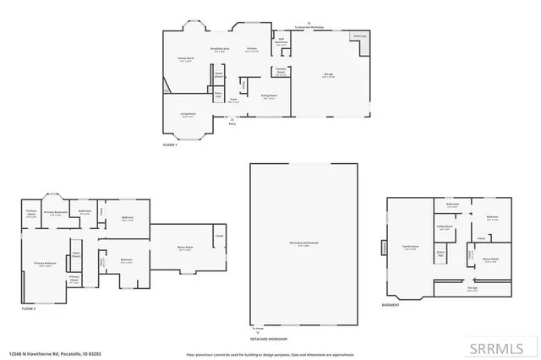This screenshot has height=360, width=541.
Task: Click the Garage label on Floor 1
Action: tap(327, 75)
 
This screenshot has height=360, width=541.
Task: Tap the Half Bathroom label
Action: tap(281, 41)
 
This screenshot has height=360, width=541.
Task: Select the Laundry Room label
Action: tap(280, 73)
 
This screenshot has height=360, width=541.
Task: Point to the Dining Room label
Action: tap(269, 97)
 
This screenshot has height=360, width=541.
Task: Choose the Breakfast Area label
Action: tap(218, 50)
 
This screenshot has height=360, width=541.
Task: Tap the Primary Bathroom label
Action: tap(55, 213)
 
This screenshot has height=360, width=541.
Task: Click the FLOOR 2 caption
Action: tap(29, 309)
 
